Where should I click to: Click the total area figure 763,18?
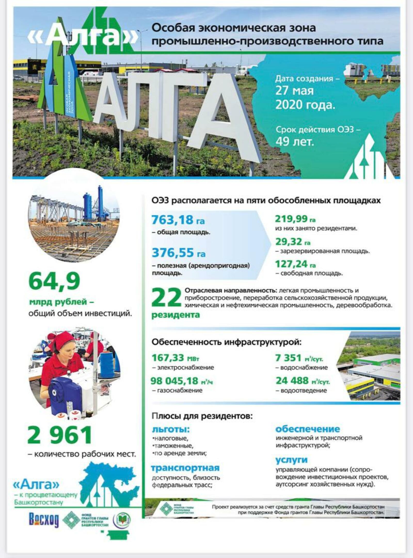coord(172,220)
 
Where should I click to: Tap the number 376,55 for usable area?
coord(173,253)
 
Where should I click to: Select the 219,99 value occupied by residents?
coord(291,219)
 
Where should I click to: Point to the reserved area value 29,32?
coord(288,242)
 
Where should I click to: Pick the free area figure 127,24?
coord(291,264)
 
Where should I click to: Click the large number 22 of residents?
coord(166,298)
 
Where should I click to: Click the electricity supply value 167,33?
coord(168,358)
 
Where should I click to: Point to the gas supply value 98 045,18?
coord(174,381)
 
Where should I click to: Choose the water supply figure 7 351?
coord(288,358)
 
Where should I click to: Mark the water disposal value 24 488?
coord(292,381)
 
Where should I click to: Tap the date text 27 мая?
coord(294,91)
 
